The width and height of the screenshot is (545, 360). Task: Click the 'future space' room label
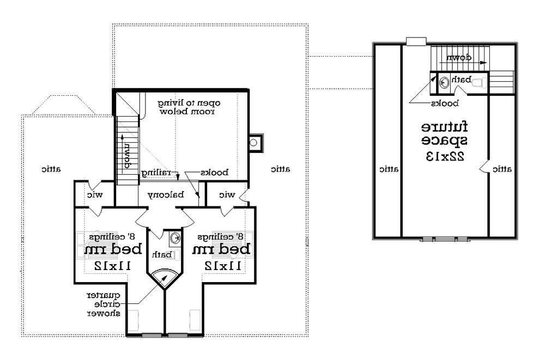point(445,134)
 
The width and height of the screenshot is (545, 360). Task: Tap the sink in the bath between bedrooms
point(175,238)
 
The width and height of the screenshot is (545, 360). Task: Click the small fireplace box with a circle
point(255,143)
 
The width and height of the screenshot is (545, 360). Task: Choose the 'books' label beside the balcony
point(213,172)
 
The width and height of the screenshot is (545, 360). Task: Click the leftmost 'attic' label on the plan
point(51,169)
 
